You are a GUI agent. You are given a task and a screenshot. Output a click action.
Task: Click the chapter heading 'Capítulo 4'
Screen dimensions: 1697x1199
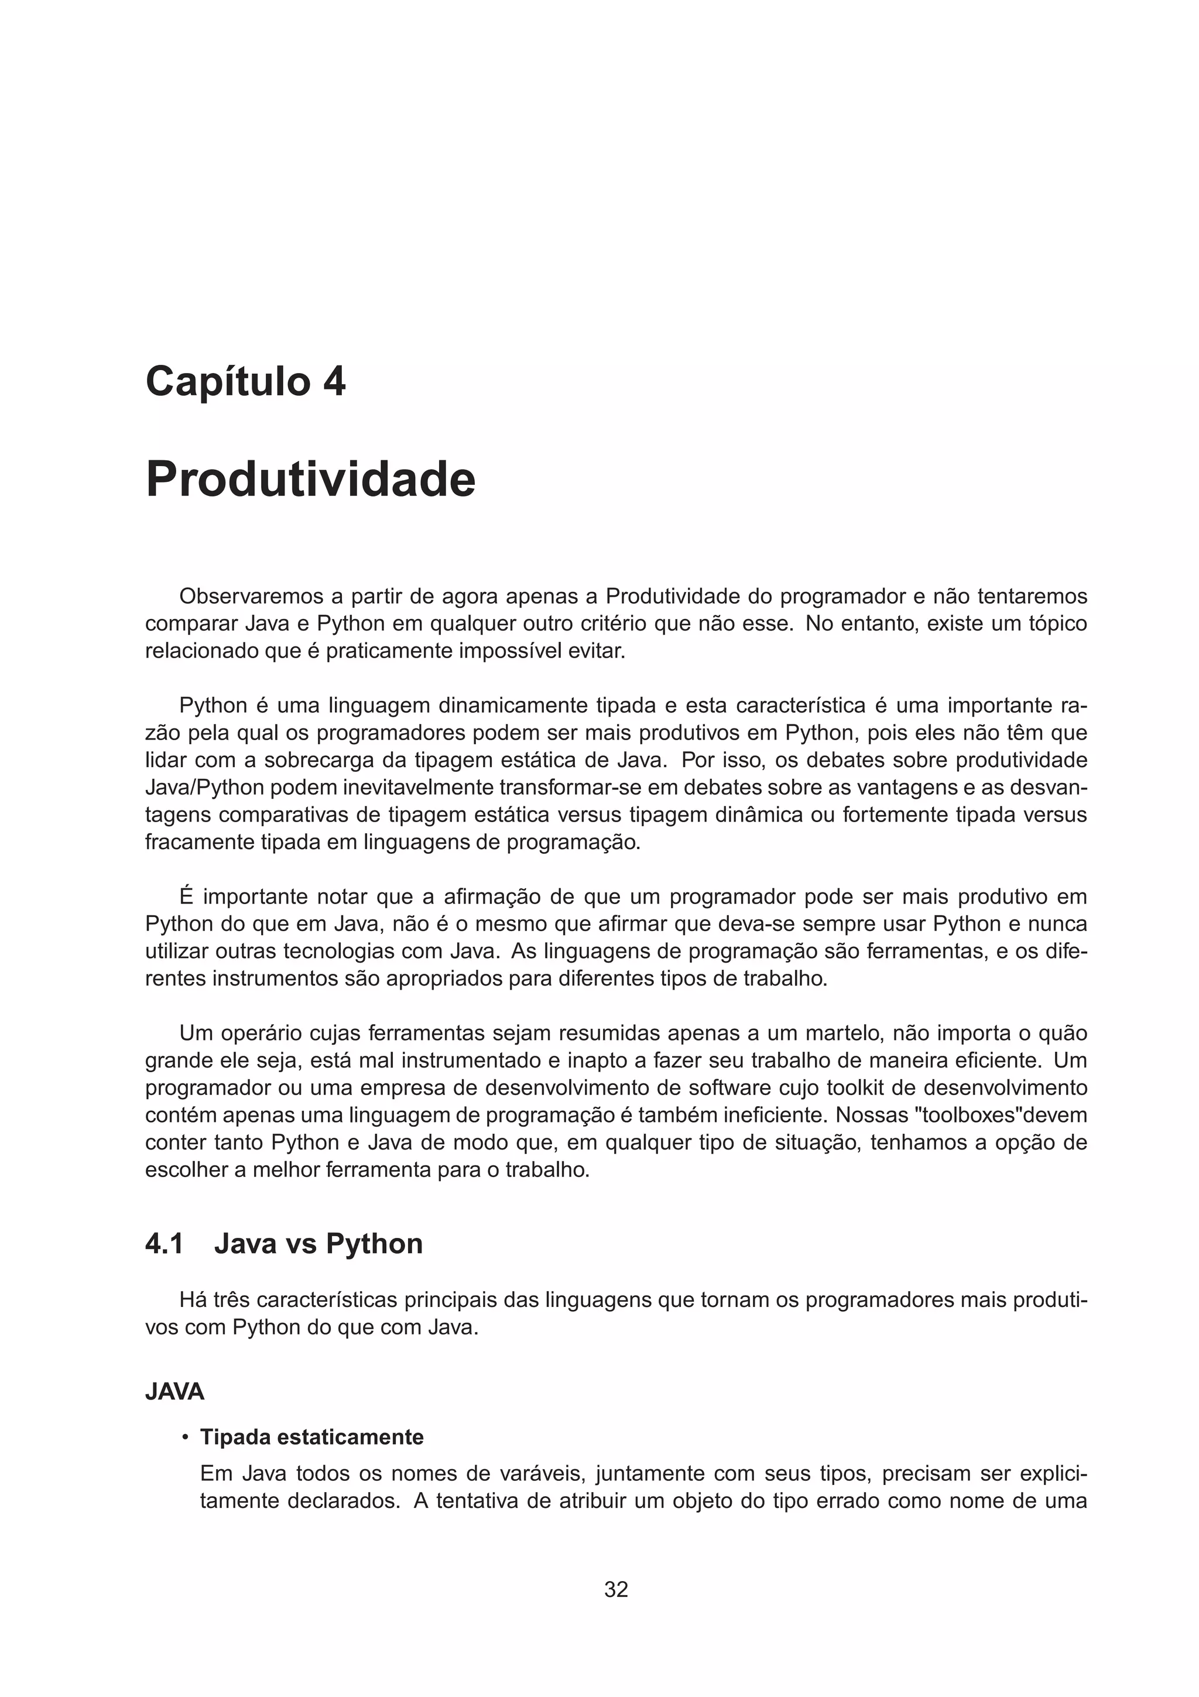click(245, 382)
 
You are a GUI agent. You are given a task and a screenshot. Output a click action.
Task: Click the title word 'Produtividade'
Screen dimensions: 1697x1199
click(310, 480)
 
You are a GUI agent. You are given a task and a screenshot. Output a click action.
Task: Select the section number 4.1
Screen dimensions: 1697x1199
click(164, 1243)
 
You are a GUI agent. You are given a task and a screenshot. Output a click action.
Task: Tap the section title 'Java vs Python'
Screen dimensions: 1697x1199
click(318, 1243)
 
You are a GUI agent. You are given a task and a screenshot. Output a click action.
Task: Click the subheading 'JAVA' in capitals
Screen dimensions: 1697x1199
click(174, 1392)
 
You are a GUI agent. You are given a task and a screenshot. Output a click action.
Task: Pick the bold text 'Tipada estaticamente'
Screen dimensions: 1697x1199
click(312, 1437)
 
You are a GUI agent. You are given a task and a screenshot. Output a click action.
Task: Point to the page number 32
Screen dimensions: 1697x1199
click(616, 1589)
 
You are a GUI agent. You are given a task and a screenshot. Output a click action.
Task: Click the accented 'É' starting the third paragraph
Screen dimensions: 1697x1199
click(186, 897)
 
